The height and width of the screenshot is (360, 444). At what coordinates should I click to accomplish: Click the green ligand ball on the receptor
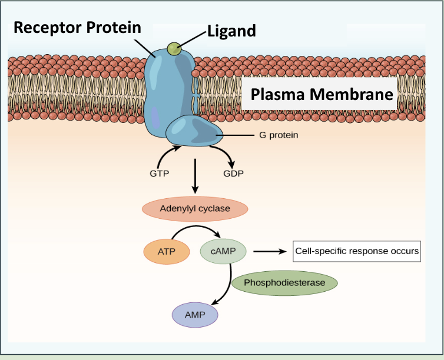[x=174, y=49]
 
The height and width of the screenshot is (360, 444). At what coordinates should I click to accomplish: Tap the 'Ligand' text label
[x=231, y=31]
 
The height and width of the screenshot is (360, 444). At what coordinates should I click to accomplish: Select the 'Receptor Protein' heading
[x=77, y=27]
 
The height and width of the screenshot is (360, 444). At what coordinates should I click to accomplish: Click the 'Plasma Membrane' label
[x=322, y=94]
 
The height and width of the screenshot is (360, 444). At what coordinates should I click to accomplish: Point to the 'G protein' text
[x=279, y=135]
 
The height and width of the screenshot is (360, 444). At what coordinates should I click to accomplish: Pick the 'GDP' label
[x=233, y=174]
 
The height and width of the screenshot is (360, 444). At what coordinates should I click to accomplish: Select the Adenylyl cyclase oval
[x=195, y=209]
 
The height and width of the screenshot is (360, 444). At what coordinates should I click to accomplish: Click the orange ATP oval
[x=167, y=252]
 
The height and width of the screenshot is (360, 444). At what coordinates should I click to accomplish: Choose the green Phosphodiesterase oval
[x=284, y=283]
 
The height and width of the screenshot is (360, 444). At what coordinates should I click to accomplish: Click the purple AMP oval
[x=195, y=315]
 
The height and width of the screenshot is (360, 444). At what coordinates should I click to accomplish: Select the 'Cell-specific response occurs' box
[x=357, y=251]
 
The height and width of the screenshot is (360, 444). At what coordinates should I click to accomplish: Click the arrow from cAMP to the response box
[x=271, y=252]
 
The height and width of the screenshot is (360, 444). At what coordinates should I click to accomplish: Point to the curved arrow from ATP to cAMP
[x=194, y=229]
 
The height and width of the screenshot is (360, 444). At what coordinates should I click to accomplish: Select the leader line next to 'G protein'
[x=236, y=135]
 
